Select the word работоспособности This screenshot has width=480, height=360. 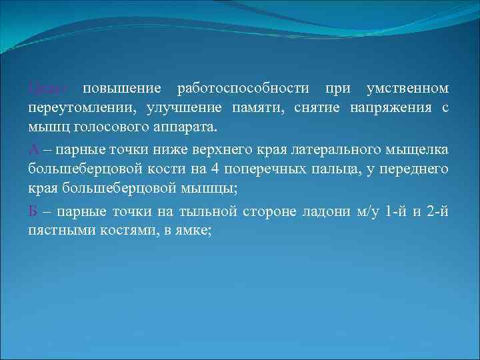tap(242, 89)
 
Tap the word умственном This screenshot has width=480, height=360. tap(407, 89)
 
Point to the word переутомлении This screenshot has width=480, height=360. tap(75, 108)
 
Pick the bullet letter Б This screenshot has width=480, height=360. tap(33, 212)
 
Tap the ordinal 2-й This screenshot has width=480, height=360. tap(437, 212)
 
